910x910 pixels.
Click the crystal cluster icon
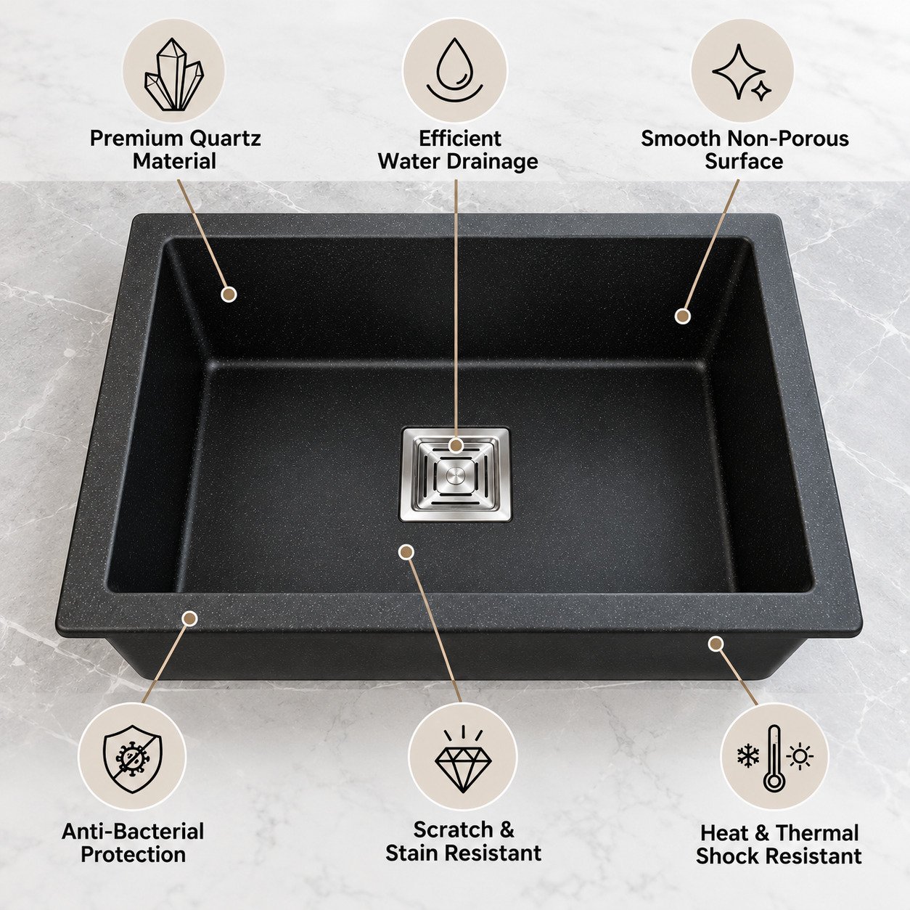173,75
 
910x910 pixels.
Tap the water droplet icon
455,71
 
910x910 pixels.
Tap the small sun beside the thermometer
800,757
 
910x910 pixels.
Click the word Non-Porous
787,139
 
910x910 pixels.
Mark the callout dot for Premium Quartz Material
229,294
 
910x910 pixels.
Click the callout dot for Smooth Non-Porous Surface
682,316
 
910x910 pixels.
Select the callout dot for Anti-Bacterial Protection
189,618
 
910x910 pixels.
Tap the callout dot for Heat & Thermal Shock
716,643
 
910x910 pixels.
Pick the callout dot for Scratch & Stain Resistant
406,552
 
